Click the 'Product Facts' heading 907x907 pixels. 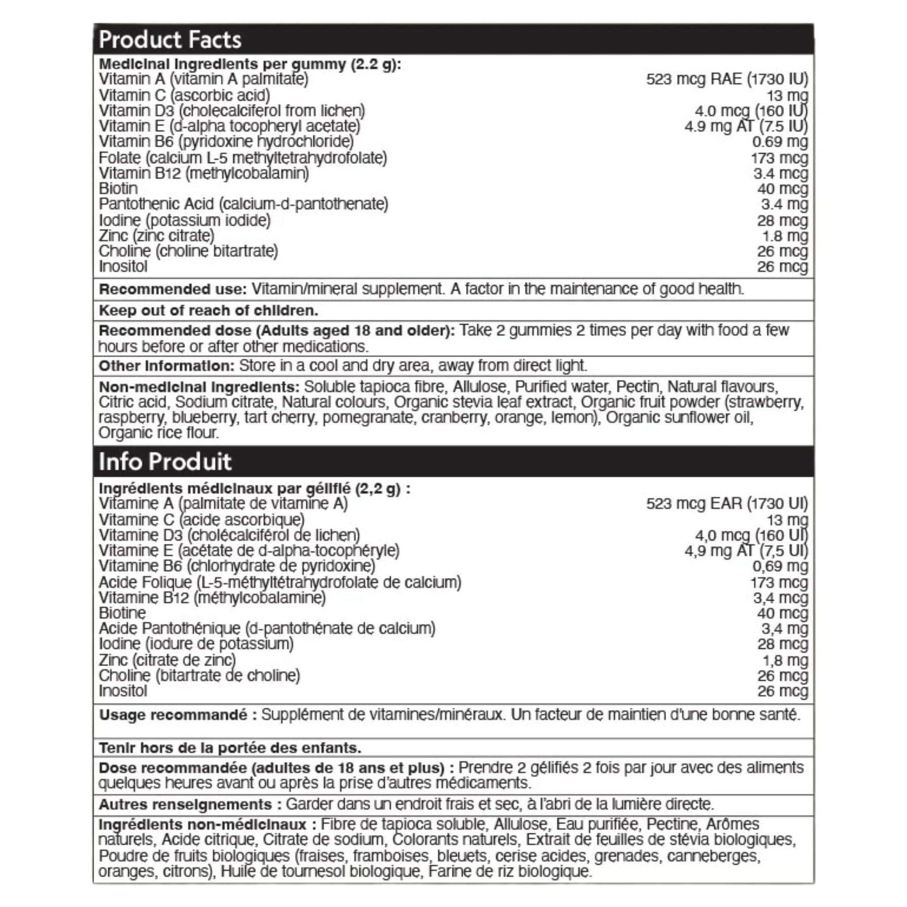coord(170,40)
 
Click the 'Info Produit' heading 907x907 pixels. coord(165,462)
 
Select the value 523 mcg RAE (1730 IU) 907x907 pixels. coord(727,79)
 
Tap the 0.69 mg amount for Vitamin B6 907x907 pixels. coord(780,142)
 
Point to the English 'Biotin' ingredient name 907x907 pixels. coord(118,189)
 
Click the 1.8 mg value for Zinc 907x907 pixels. coord(784,236)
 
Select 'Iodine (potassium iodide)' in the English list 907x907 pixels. coord(185,220)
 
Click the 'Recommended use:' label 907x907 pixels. coord(172,289)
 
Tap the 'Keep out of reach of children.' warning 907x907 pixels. coord(208,310)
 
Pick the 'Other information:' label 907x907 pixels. coord(166,366)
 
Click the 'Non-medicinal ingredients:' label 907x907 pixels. coord(199,387)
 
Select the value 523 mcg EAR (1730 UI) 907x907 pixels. coord(727,504)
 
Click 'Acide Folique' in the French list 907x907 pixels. coord(145,583)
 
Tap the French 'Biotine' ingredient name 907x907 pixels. coord(122,613)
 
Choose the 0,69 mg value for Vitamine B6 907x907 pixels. coord(780,566)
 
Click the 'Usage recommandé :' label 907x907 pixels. coord(178,715)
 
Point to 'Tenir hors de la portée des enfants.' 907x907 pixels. coord(230,748)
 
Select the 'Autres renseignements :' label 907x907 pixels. coord(190,804)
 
